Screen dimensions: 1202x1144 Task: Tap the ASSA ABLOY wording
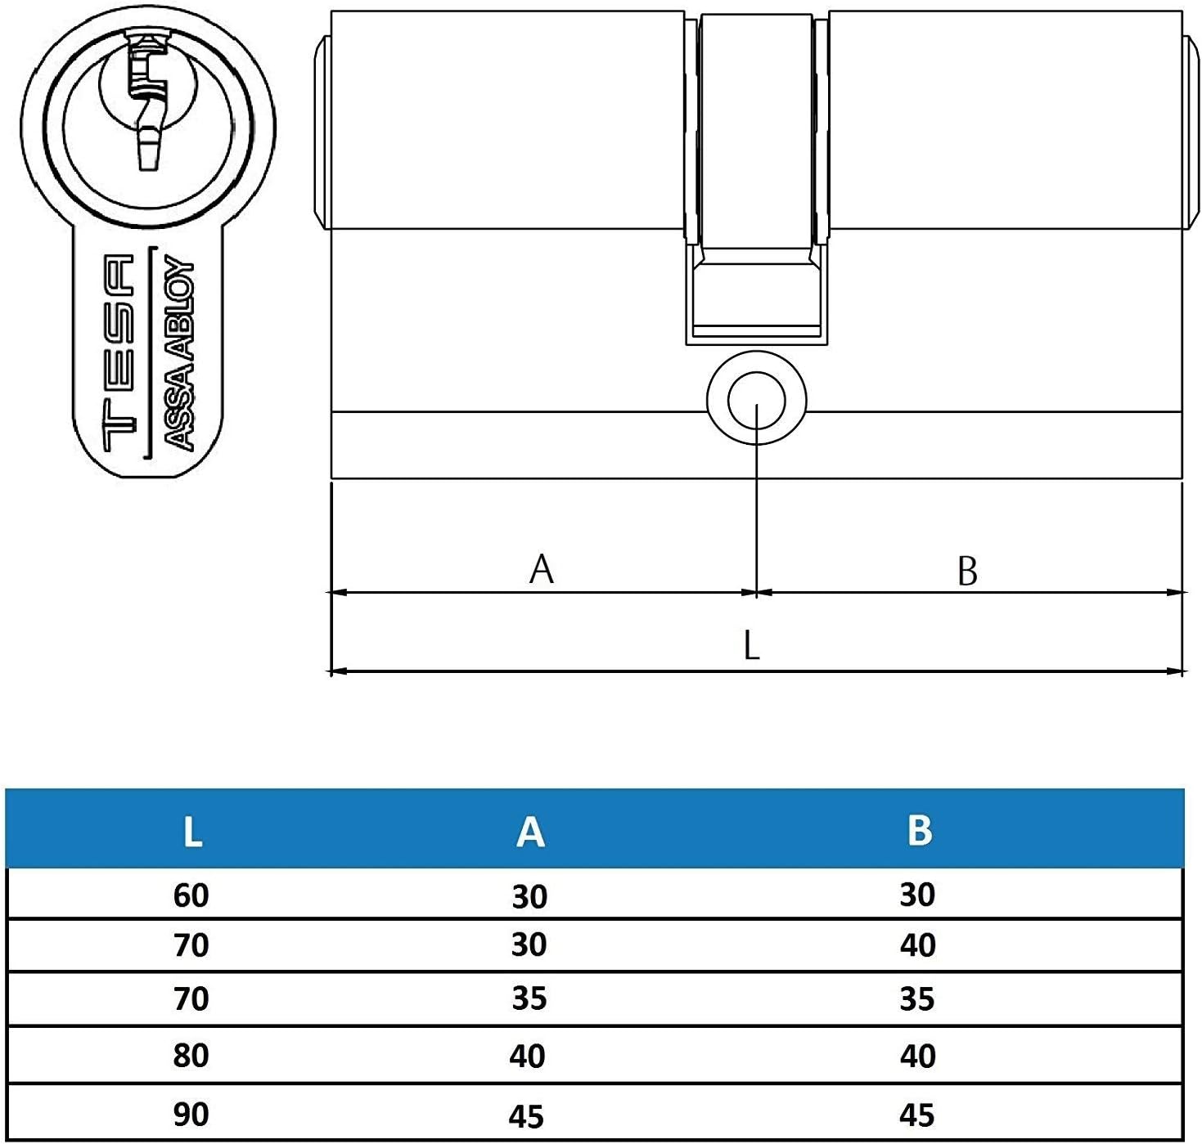point(180,353)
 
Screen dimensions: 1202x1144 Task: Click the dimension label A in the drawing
point(542,569)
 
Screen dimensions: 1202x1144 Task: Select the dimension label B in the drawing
point(967,571)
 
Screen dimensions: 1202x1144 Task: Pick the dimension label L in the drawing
point(751,646)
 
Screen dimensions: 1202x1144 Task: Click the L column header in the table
point(192,832)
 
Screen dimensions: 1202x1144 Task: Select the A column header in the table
point(530,832)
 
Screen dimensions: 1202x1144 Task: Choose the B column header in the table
point(919,831)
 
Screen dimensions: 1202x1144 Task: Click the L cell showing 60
point(191,895)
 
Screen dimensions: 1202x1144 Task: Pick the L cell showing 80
point(191,1056)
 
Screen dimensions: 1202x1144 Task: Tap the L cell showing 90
point(191,1115)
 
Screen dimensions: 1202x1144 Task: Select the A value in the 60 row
point(529,897)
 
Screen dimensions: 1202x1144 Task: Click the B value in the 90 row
point(917,1115)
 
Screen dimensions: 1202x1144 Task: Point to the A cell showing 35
point(529,999)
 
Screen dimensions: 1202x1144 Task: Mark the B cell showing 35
point(917,999)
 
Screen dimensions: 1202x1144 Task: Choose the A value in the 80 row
point(528,1057)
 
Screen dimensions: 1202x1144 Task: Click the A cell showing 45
point(528,1116)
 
